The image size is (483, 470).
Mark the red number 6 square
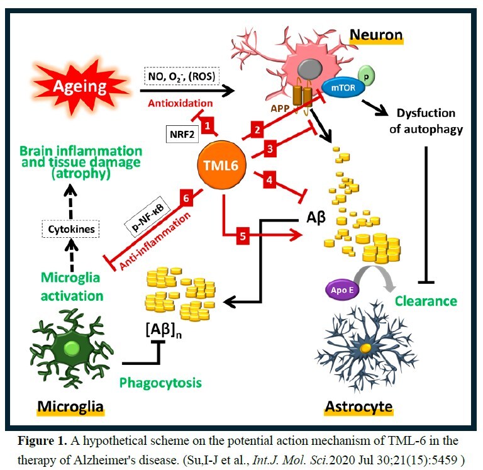coord(186,197)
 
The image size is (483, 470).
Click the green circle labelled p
coord(368,74)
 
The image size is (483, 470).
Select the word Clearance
coord(426,301)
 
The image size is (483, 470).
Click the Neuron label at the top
coord(376,35)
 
